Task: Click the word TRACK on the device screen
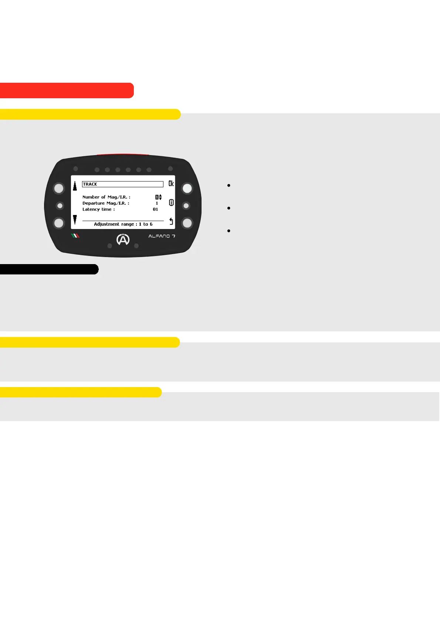click(90, 184)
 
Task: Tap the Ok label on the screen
click(171, 184)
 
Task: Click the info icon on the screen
click(171, 202)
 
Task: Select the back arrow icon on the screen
click(171, 221)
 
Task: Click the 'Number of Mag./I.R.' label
click(106, 197)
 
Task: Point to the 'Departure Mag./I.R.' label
click(106, 203)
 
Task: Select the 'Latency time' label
click(98, 209)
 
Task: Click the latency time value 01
click(155, 209)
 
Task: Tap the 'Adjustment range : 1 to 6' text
click(123, 224)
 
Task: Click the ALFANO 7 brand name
click(162, 236)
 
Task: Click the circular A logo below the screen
click(123, 240)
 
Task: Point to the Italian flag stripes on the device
click(75, 236)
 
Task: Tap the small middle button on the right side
click(186, 205)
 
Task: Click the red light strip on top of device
click(123, 155)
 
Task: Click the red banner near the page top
click(67, 90)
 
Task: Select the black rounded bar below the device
click(49, 269)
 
